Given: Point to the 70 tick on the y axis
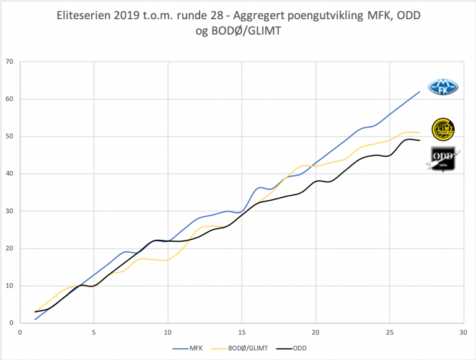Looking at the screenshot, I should click(x=9, y=62).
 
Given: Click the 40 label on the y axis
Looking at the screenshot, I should click(x=9, y=174).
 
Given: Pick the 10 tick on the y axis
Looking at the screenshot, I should click(x=9, y=286).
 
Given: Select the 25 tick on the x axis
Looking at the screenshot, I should click(x=389, y=332).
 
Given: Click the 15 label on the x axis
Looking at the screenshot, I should click(x=242, y=332).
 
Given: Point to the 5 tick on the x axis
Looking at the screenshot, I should click(x=94, y=332).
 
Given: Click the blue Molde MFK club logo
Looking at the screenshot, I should click(x=443, y=87).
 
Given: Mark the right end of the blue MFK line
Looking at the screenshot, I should click(x=420, y=92).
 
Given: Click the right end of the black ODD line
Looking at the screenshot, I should click(x=420, y=140).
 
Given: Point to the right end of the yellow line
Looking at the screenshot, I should click(x=420, y=133).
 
